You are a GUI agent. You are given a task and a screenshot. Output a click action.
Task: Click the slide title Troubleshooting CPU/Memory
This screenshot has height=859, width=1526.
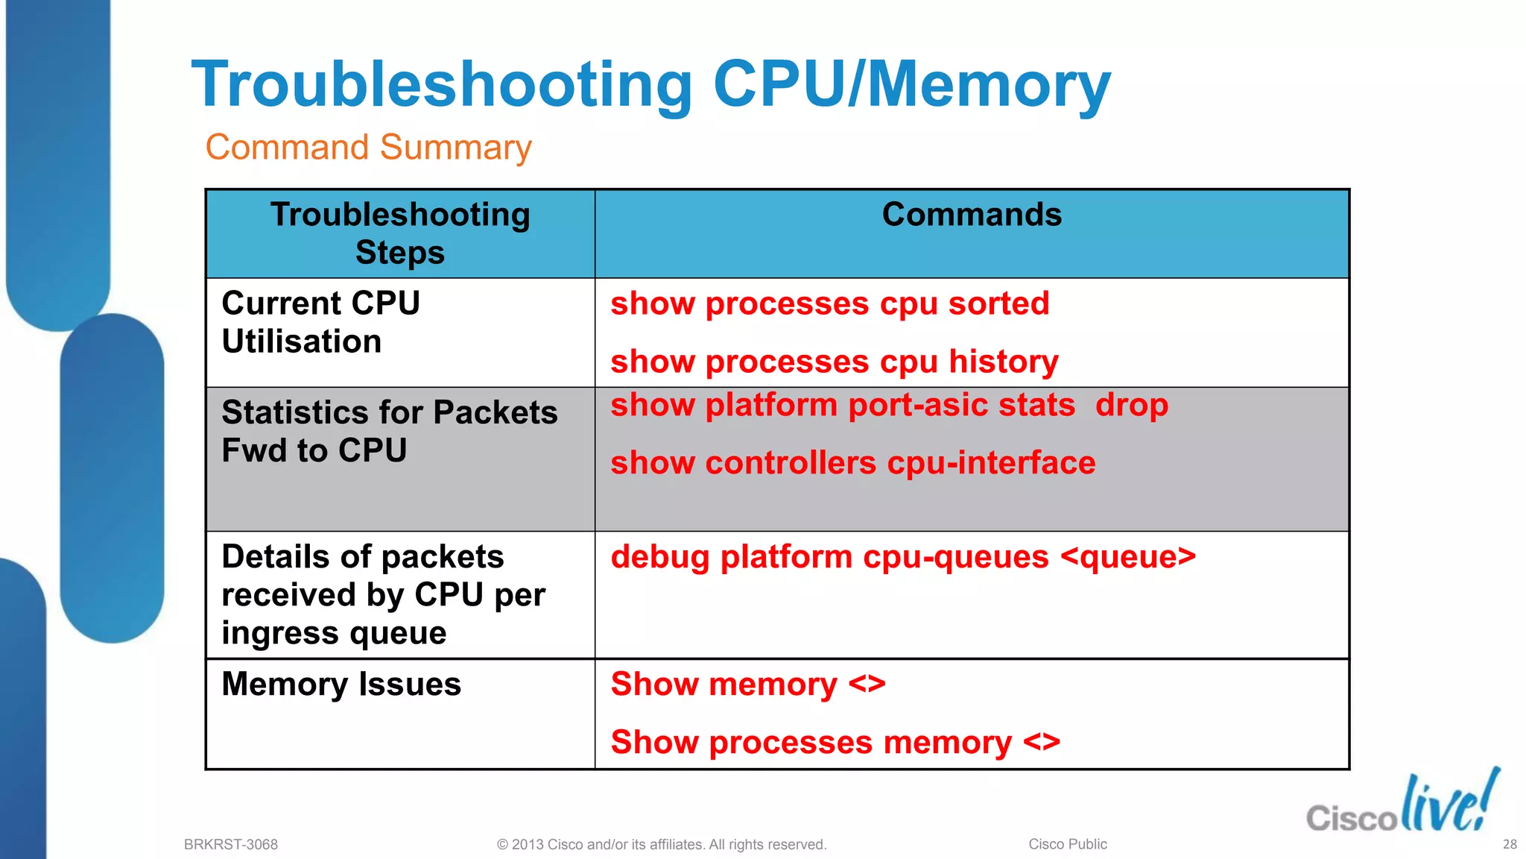click(650, 84)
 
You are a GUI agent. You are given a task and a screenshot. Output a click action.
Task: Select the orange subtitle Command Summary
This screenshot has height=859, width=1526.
click(368, 147)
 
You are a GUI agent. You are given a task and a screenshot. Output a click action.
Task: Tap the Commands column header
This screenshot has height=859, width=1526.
click(972, 215)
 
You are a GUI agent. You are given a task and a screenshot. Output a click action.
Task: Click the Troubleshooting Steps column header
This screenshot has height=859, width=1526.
click(400, 233)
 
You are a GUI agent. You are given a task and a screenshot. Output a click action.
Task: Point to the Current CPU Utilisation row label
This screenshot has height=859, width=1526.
click(320, 322)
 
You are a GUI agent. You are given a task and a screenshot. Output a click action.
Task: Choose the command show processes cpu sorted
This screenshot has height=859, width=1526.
click(829, 304)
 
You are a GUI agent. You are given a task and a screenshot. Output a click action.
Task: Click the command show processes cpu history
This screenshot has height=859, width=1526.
click(834, 362)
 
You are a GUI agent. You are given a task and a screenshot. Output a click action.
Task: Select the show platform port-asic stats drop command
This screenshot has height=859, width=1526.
click(889, 405)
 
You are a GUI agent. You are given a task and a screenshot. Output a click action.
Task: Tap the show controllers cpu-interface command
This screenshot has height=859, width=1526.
click(852, 463)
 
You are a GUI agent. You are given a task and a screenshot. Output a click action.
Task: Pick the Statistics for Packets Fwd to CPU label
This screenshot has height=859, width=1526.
click(389, 431)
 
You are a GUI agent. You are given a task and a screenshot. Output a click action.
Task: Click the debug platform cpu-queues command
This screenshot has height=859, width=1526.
click(902, 557)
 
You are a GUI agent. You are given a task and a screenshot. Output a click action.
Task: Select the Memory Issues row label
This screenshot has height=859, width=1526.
click(341, 684)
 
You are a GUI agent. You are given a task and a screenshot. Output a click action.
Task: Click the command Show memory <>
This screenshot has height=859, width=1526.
click(747, 684)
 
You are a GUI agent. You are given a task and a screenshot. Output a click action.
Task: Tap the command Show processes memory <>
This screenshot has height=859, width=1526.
click(835, 742)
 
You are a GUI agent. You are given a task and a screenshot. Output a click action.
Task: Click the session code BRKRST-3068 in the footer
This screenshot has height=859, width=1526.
click(230, 844)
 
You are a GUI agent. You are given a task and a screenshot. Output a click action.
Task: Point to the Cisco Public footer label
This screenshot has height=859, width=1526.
click(1067, 844)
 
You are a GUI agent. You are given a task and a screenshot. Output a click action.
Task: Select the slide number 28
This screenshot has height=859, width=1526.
click(1510, 844)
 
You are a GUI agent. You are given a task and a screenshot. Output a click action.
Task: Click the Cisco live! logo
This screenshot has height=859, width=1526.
click(1402, 804)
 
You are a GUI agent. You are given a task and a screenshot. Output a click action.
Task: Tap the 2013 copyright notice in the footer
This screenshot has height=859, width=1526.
click(662, 844)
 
